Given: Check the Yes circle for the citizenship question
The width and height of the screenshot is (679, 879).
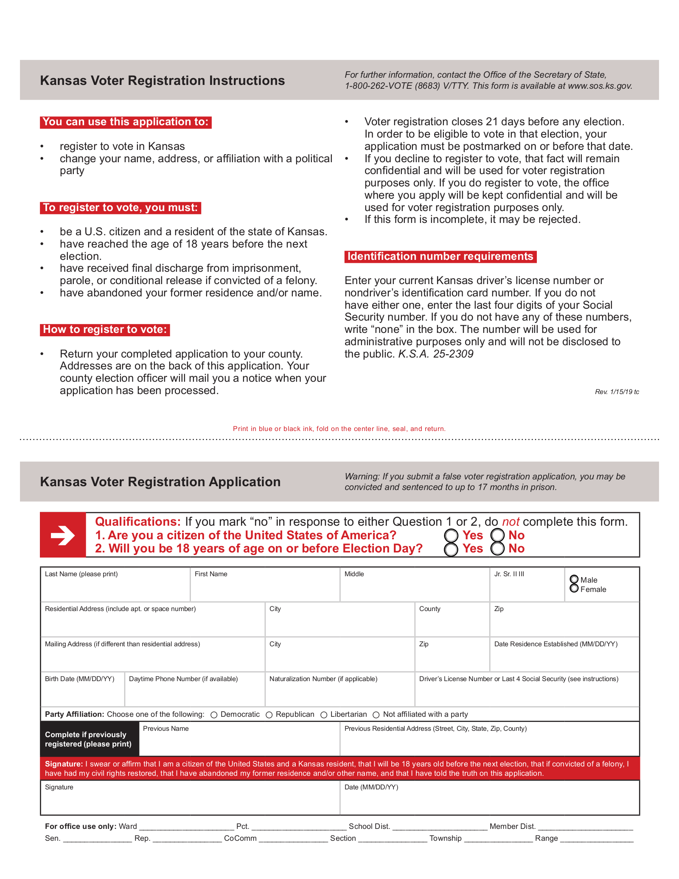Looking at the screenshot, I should pos(451,535).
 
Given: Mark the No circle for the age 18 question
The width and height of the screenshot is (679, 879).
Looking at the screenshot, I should pos(497,549).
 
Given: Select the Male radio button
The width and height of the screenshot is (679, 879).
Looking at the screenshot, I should pos(574,579).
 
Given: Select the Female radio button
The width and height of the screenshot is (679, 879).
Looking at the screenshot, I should pos(574,589).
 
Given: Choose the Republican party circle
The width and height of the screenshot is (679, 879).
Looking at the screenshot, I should pos(269,715).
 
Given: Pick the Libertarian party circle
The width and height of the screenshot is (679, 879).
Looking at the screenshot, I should pos(324,715).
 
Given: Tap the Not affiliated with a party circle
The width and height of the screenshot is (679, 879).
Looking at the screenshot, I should pos(376,715).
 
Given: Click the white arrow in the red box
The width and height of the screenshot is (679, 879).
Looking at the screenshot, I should pos(63,535).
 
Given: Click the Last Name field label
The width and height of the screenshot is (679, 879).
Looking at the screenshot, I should pos(81,574).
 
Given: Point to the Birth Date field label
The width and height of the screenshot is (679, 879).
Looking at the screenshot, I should pos(79,679).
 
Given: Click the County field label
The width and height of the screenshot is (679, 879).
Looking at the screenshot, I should pos(429,609).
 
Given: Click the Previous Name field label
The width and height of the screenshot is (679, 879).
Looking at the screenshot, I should pos(166,729).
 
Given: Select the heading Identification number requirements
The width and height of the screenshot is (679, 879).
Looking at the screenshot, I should pos(440,256).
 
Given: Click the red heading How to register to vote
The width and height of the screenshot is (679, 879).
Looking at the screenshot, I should pos(105,330).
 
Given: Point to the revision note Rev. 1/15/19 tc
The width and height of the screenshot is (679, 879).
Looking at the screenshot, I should pos(617,392).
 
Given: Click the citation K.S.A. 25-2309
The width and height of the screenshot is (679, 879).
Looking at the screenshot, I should pos(435,354).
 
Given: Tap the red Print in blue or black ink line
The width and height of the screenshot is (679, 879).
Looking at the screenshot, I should pos(339,429).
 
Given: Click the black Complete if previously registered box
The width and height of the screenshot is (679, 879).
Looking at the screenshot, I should pos(89,739).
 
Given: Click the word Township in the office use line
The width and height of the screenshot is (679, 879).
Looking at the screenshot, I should pos(445,838).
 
